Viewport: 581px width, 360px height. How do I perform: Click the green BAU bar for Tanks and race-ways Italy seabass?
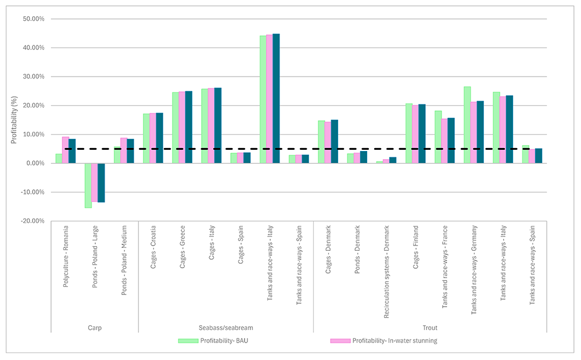point(263,99)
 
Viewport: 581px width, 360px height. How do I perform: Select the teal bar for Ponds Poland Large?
point(101,182)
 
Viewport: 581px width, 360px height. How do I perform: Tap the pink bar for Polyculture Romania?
point(66,150)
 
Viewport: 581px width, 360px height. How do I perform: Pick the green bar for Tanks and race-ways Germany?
point(467,125)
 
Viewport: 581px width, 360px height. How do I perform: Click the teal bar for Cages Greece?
point(188,127)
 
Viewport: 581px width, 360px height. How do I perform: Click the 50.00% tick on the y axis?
point(33,19)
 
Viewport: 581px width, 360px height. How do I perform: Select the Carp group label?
point(94,327)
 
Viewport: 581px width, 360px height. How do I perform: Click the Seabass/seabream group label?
point(226,327)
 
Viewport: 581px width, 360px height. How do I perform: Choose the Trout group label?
point(430,327)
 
